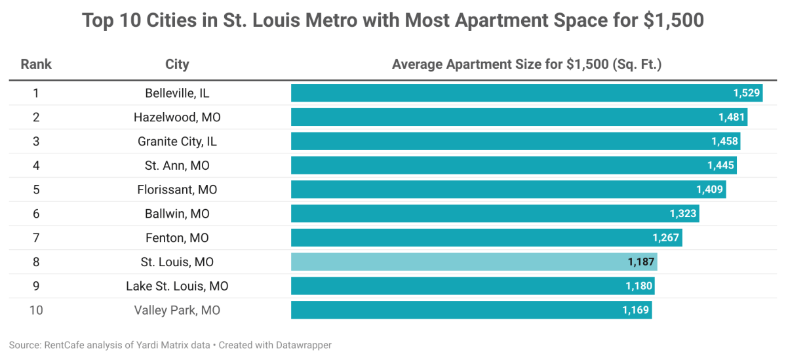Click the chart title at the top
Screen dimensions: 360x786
pos(393,20)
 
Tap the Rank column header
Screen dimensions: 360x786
pos(36,64)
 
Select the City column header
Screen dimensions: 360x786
pos(177,64)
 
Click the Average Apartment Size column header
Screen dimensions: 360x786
pos(526,64)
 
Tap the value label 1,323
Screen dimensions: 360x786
pos(683,214)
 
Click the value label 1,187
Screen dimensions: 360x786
pos(640,262)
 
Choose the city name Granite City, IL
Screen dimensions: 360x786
pos(177,142)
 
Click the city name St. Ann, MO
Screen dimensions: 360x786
pos(177,166)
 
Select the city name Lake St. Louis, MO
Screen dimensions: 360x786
pos(177,287)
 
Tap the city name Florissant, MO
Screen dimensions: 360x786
pos(177,190)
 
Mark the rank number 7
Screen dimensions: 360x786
pos(36,238)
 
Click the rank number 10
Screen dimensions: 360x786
pos(36,310)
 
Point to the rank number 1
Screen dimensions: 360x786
pos(36,93)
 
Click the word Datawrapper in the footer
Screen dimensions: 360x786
pos(309,344)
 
